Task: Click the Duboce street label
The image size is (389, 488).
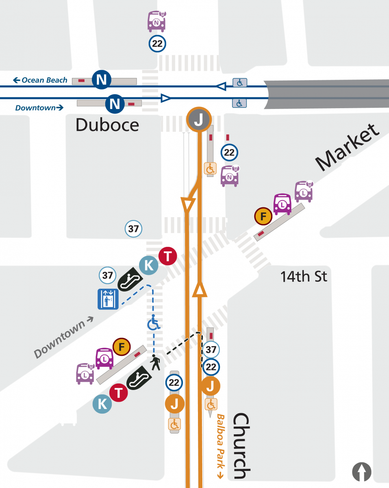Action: point(107,125)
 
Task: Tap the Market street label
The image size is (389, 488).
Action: point(348,147)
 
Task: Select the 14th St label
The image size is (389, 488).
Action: point(304,277)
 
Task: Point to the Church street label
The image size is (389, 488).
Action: point(241,446)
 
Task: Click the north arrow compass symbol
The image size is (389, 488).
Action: point(362,472)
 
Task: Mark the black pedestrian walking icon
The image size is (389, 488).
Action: point(156,362)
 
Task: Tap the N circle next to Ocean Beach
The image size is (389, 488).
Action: point(102,80)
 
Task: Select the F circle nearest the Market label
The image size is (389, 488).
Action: point(263,216)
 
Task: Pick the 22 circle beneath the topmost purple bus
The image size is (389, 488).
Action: point(157,44)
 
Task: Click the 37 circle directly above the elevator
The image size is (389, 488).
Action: point(108,276)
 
